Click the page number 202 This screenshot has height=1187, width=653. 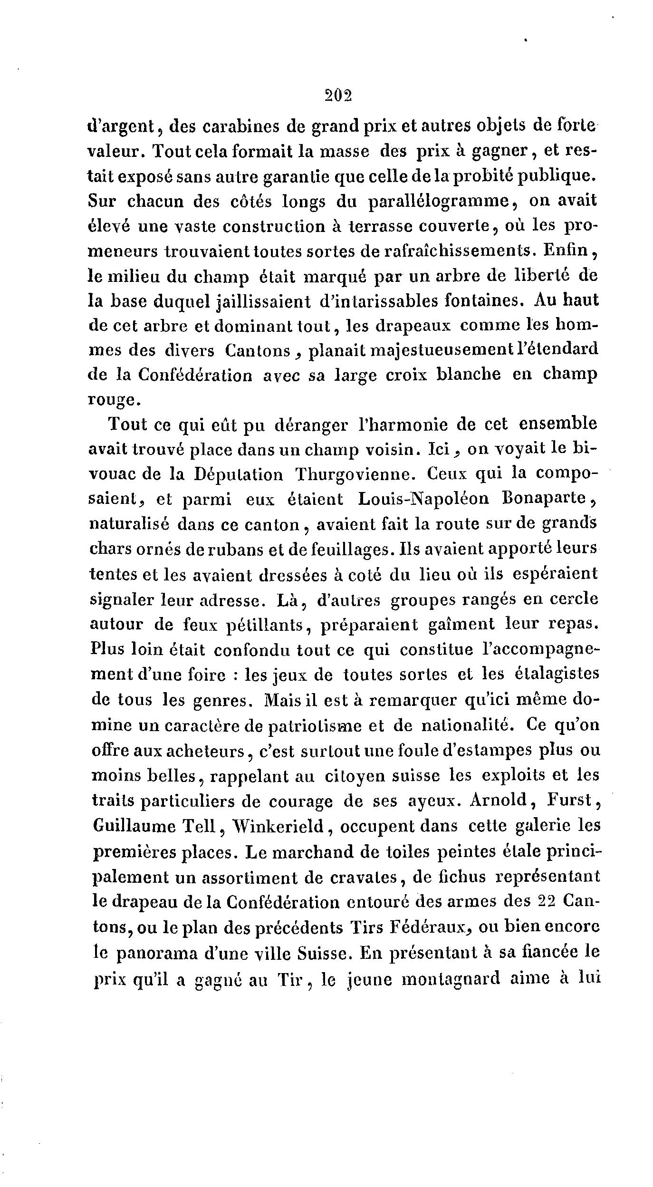338,97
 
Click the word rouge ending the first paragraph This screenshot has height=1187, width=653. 114,400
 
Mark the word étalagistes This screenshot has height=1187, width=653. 557,675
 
